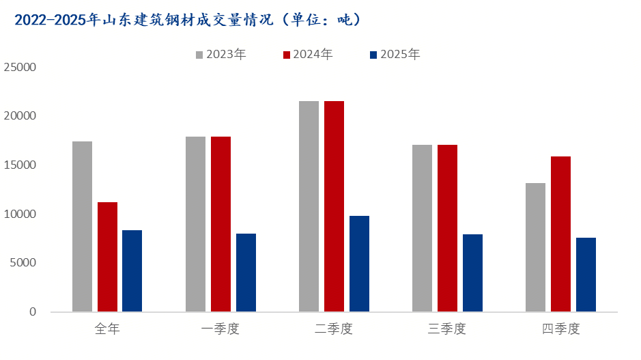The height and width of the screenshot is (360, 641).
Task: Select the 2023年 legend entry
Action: [x=220, y=55]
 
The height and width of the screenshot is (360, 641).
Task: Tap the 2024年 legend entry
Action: [x=307, y=55]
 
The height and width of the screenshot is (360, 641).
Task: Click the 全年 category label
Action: [x=107, y=329]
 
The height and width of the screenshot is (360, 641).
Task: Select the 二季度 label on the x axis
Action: [x=334, y=329]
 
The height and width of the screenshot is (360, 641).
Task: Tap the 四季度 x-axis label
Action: [x=560, y=329]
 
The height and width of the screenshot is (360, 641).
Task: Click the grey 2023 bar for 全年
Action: [x=82, y=227]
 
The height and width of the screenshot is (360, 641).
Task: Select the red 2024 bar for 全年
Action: [x=107, y=257]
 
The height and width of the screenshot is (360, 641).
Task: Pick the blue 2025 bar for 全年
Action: [x=132, y=271]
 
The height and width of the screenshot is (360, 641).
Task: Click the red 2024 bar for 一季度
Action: [x=220, y=224]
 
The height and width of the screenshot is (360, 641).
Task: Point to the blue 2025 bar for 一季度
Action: [x=246, y=273]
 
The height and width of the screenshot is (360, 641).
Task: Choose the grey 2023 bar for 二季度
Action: [x=309, y=206]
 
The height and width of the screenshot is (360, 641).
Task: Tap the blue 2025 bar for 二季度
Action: [x=359, y=264]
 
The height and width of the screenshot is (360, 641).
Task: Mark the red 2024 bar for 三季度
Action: [x=447, y=228]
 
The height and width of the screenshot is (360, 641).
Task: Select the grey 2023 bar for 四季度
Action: [x=535, y=247]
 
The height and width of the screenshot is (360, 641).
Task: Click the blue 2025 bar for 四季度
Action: [x=586, y=275]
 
